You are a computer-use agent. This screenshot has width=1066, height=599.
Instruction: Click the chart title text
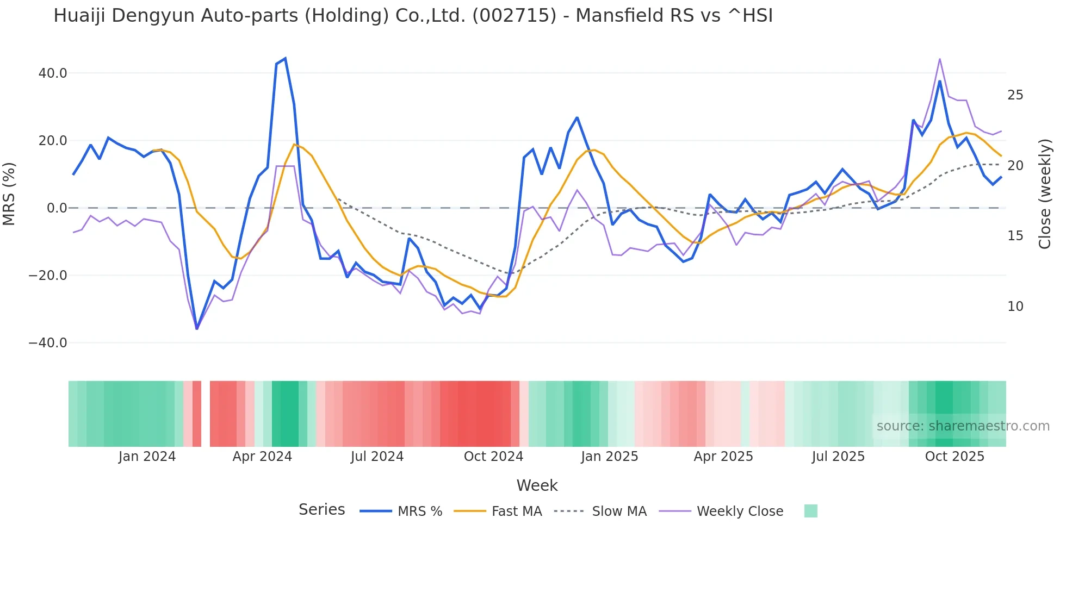click(x=413, y=16)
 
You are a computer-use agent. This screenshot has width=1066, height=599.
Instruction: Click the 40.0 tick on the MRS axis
click(x=53, y=73)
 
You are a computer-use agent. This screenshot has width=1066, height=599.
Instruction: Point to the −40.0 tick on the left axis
click(x=48, y=343)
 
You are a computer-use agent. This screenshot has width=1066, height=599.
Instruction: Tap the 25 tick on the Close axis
click(x=1015, y=95)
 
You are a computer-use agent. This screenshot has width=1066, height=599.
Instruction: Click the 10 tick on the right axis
click(x=1015, y=307)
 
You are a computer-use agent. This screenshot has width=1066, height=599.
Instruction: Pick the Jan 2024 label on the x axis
click(x=147, y=457)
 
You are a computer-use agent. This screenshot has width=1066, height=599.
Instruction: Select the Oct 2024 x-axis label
click(x=493, y=457)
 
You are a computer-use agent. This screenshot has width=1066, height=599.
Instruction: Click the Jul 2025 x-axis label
click(x=838, y=457)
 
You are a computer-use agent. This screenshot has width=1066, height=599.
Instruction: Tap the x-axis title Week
click(x=537, y=485)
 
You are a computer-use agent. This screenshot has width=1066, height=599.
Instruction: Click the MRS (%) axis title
click(x=9, y=194)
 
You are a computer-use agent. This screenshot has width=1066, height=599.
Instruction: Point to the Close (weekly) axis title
click(x=1045, y=194)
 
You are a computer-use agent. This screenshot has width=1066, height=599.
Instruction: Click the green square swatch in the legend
click(x=810, y=511)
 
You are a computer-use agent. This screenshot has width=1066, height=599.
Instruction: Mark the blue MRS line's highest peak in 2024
click(x=285, y=59)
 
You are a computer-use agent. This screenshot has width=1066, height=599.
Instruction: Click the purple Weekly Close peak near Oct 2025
click(x=939, y=59)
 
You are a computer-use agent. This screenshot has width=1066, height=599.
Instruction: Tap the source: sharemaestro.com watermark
click(x=963, y=426)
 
